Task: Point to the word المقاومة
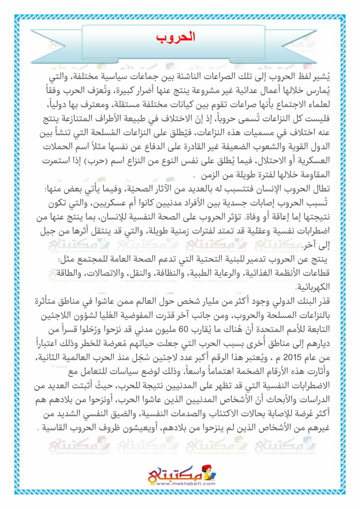pos(311,177)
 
